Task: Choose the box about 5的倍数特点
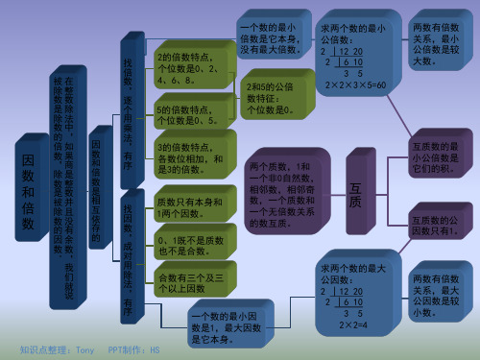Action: pyautogui.click(x=187, y=116)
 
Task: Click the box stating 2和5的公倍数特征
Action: pyautogui.click(x=269, y=97)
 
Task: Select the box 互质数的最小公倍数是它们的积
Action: pyautogui.click(x=438, y=157)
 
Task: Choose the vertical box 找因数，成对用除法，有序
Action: pyautogui.click(x=129, y=254)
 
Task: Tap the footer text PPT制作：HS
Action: pyautogui.click(x=133, y=350)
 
